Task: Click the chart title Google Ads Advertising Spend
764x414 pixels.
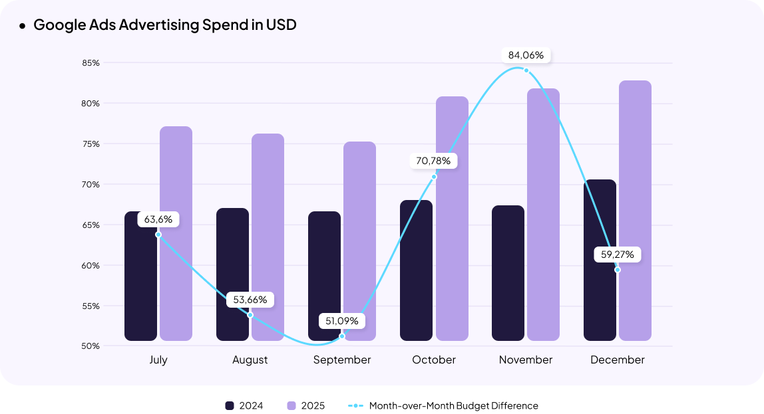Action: coord(164,25)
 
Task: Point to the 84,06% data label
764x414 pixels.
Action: coord(526,55)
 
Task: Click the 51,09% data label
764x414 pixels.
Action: coord(342,321)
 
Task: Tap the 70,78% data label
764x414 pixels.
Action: coord(434,161)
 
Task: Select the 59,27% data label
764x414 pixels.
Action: coord(618,255)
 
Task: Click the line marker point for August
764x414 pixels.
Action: coord(250,315)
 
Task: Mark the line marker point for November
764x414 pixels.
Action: coord(526,70)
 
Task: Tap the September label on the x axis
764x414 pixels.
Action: coord(342,360)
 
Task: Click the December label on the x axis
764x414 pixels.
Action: coord(618,360)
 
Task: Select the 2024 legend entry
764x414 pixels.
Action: coord(244,405)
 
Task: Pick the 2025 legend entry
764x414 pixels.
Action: coord(305,405)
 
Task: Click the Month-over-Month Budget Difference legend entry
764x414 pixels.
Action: coord(443,405)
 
